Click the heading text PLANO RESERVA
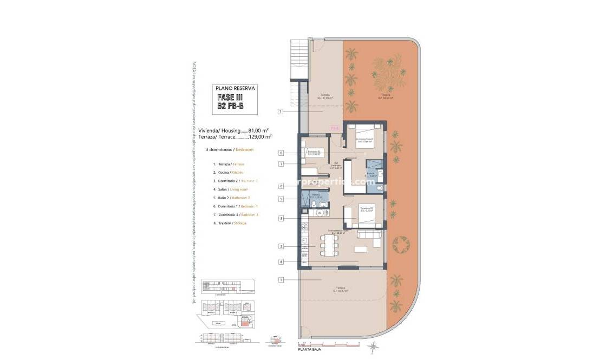pos(235,88)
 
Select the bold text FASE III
pos(231,97)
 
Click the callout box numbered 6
pos(281,153)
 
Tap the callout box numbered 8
pos(281,186)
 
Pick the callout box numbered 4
pos(281,262)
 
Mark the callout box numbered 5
pos(281,199)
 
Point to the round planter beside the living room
pos(401,246)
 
